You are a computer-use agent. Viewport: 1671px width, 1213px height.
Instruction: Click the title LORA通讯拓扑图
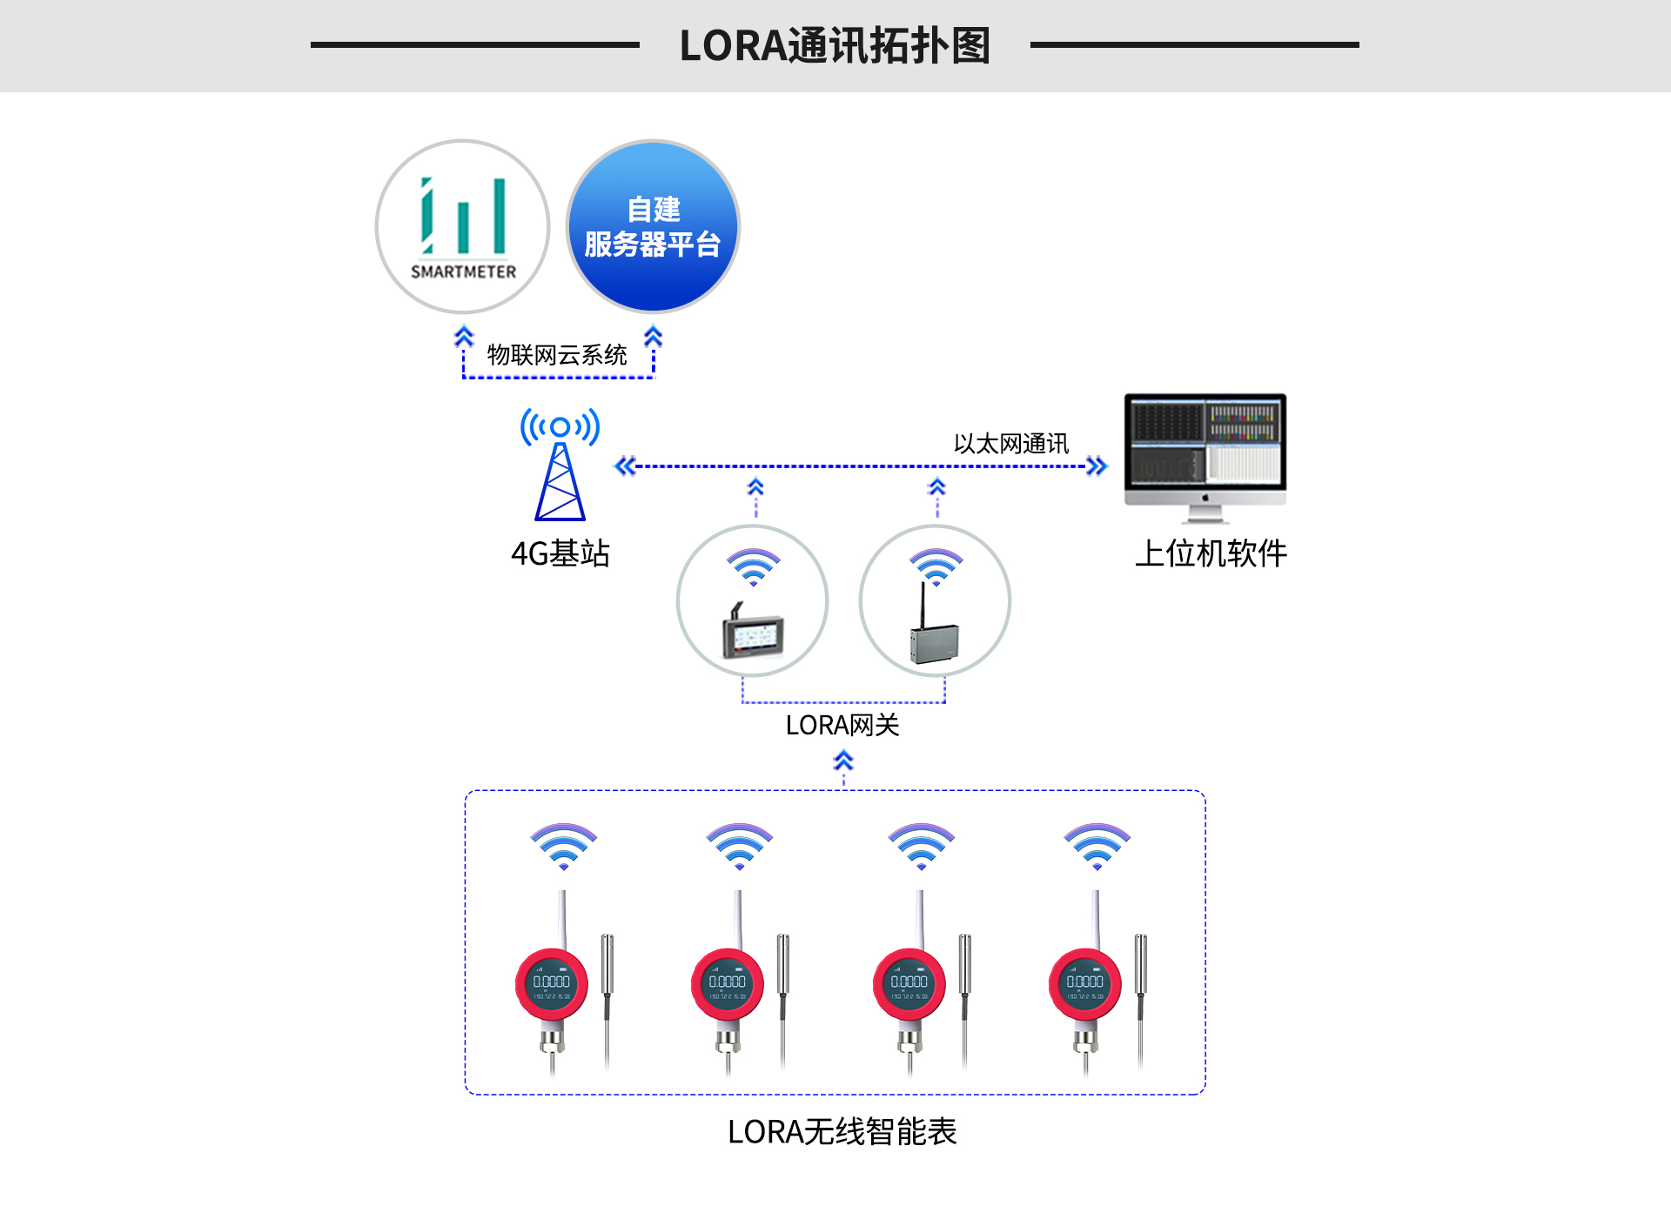point(835,45)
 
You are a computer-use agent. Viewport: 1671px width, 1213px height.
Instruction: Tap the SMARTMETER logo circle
point(462,226)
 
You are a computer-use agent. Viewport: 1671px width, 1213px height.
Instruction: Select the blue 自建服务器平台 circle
point(653,226)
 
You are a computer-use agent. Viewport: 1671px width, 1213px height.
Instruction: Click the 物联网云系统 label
point(557,355)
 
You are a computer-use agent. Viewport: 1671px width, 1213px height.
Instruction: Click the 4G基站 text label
point(560,553)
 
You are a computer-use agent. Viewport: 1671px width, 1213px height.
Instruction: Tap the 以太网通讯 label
point(1010,444)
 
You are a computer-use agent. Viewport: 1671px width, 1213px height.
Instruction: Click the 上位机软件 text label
point(1211,553)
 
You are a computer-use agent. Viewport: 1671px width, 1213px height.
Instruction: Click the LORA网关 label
point(842,725)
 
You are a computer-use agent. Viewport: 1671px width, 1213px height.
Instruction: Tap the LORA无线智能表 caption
point(842,1132)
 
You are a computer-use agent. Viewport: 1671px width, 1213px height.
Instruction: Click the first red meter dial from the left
point(552,984)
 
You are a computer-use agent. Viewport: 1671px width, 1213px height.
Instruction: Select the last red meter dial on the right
point(1084,984)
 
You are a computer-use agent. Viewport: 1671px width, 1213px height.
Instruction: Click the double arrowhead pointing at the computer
point(1097,466)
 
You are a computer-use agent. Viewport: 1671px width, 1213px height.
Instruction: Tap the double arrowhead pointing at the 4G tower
point(625,466)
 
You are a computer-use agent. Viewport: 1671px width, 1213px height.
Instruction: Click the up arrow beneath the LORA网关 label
point(842,762)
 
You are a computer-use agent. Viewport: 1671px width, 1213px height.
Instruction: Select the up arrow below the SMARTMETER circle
point(464,337)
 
